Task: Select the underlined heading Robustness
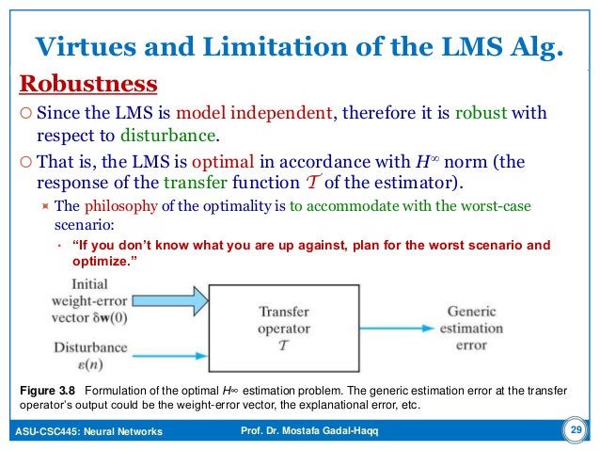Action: (x=88, y=85)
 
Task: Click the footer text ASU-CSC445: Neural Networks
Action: (x=89, y=431)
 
